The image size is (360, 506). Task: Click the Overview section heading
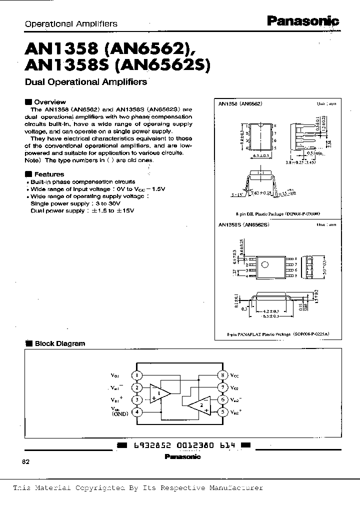(x=49, y=101)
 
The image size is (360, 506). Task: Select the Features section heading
(x=48, y=174)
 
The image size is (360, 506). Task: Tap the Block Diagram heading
(x=59, y=343)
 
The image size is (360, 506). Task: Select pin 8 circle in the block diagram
(x=220, y=375)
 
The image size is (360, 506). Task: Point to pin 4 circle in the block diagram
(x=137, y=412)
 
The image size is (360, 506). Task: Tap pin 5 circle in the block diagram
(x=220, y=412)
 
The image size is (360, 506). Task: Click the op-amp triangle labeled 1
(x=161, y=393)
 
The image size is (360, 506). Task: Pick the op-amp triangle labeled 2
(x=199, y=405)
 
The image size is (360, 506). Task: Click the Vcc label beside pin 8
(x=235, y=375)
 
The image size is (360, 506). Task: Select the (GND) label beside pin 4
(x=120, y=414)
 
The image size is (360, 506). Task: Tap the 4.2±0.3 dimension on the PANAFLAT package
(x=271, y=310)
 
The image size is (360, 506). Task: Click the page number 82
(x=26, y=461)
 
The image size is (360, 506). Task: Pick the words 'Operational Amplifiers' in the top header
(x=71, y=23)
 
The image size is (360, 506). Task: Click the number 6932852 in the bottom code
(x=147, y=444)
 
